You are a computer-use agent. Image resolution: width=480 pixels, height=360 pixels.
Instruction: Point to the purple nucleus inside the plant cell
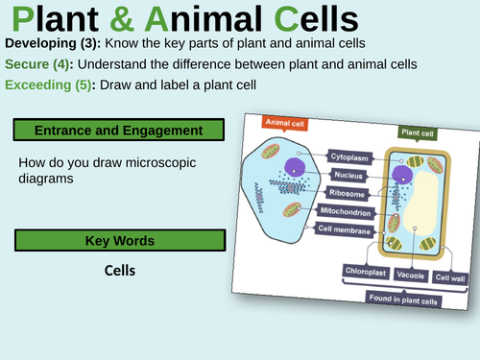402,173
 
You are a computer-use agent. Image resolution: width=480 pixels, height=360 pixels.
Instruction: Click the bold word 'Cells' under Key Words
120,271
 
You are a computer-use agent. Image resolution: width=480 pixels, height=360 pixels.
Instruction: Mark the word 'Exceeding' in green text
42,85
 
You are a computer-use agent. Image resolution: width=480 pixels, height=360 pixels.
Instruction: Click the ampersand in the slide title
110,20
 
